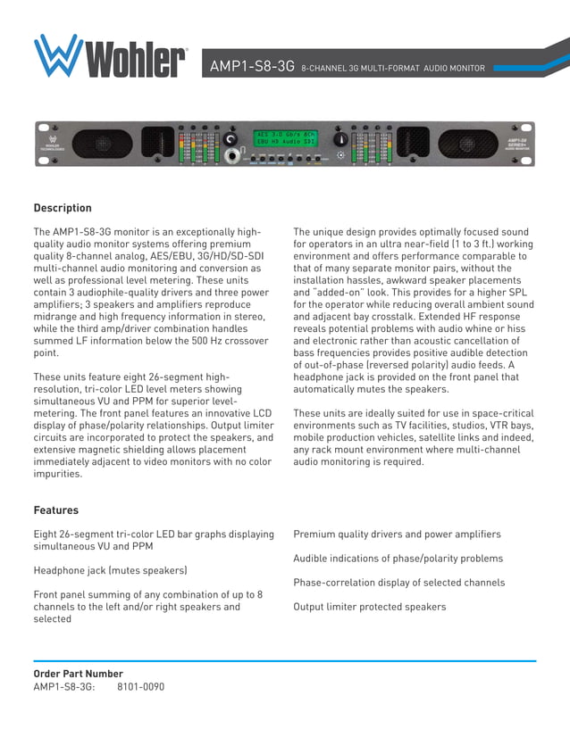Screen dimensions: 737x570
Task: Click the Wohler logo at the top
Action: click(109, 56)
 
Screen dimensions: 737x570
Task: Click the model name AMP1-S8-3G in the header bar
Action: click(252, 67)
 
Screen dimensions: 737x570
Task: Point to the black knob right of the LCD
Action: click(339, 141)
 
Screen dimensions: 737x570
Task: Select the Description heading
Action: click(63, 208)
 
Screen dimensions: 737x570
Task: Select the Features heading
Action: click(56, 510)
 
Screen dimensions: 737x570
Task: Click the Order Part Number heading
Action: click(78, 674)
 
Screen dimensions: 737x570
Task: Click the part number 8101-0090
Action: click(141, 687)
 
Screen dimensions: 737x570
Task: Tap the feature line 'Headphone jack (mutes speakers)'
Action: click(110, 570)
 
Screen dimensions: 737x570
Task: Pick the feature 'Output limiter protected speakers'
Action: click(369, 607)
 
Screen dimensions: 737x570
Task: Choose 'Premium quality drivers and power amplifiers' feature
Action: click(397, 534)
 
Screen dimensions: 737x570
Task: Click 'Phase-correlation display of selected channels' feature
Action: click(398, 583)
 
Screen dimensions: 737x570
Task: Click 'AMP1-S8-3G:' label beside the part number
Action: click(64, 687)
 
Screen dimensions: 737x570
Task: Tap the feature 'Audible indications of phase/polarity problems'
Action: click(398, 559)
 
